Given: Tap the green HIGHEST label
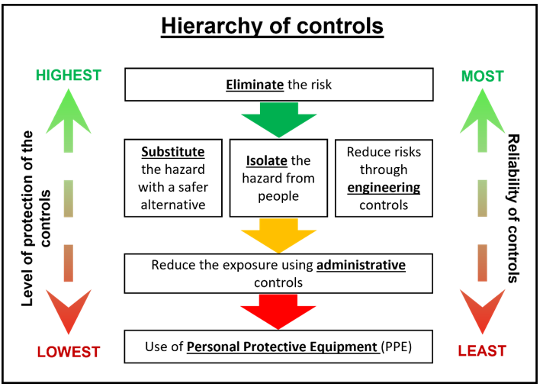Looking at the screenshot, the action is [69, 75].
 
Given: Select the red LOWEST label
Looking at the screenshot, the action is [69, 352].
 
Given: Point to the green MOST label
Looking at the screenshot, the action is [483, 76].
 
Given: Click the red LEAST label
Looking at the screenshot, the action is [482, 351].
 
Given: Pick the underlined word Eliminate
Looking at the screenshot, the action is [255, 85].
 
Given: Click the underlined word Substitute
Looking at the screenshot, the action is [173, 152].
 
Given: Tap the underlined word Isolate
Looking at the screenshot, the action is [267, 161].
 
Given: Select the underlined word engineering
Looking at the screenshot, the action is [384, 188].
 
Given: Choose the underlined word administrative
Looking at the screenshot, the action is [361, 265].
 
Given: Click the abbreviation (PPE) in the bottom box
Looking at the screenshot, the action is [397, 347].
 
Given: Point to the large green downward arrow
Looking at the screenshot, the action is [279, 120].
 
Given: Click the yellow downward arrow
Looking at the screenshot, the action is [279, 236].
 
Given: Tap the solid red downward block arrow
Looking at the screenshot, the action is [278, 312].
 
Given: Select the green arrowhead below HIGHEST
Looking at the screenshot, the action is [69, 111].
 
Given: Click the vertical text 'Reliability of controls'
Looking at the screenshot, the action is [512, 208].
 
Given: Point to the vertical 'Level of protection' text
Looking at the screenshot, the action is [36, 218].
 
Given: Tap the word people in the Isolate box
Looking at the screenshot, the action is [278, 197].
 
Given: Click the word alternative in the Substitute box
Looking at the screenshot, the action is [173, 205].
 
